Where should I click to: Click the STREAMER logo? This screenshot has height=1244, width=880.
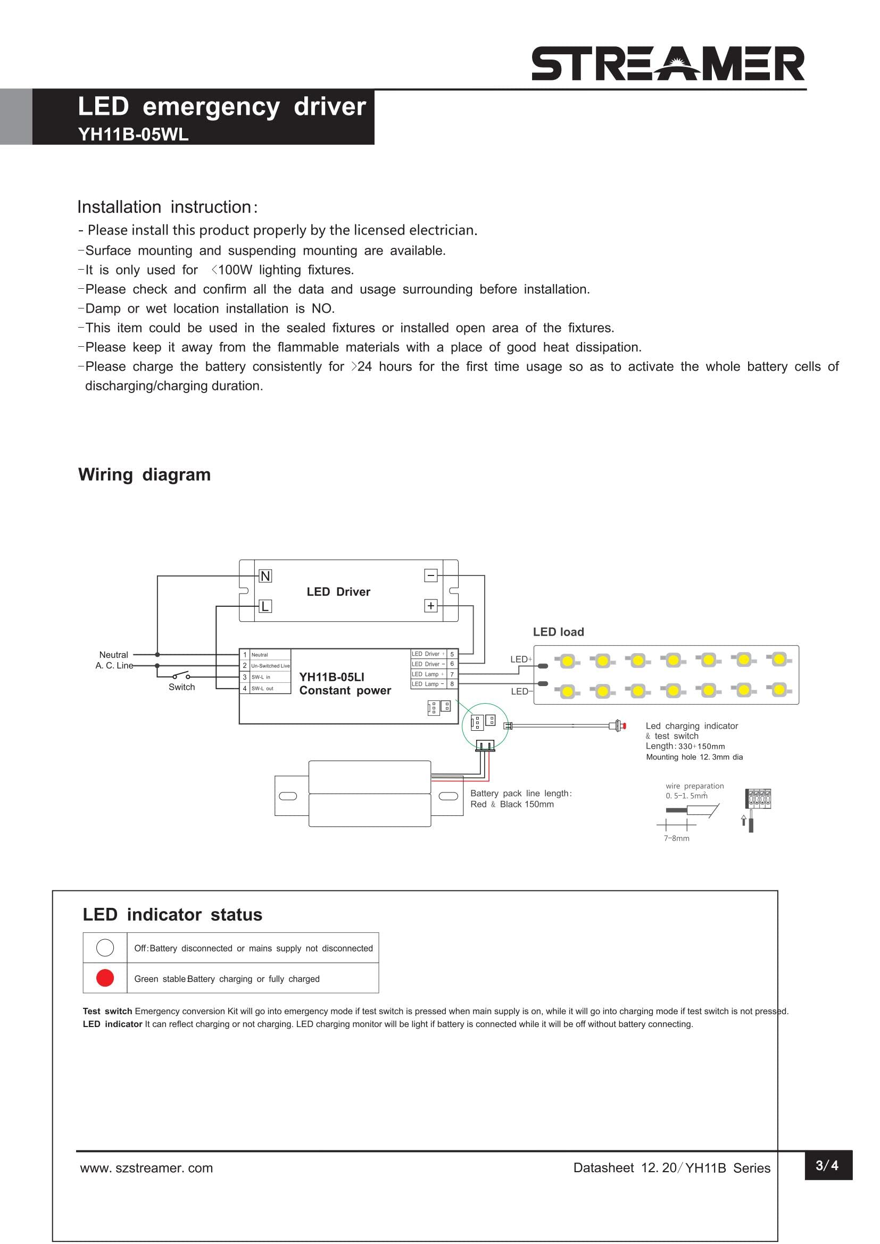tap(668, 64)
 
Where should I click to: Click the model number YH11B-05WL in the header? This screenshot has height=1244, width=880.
tap(134, 135)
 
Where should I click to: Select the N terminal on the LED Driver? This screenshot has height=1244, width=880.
tap(265, 576)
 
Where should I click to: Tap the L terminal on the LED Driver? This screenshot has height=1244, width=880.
tap(265, 606)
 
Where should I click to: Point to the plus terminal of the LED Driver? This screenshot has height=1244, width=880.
tap(431, 606)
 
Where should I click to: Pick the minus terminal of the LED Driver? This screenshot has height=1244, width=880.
tap(431, 575)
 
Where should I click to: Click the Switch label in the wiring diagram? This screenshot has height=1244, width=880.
tap(181, 687)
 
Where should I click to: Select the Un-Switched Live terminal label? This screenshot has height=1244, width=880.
tap(270, 666)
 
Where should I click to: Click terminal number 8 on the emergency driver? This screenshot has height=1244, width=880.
tap(452, 684)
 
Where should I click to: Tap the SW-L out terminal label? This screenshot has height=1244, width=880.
tap(262, 689)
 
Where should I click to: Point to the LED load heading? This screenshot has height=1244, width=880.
tap(558, 632)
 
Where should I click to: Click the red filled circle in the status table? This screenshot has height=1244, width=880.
tap(105, 978)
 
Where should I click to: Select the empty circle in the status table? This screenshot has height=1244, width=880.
tap(105, 948)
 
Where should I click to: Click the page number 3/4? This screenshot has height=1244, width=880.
tap(827, 1165)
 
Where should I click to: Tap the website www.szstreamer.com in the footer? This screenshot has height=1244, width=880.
tap(146, 1168)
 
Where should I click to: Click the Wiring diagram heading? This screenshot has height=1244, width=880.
tap(144, 474)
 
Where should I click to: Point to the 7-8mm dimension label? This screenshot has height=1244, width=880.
tap(676, 838)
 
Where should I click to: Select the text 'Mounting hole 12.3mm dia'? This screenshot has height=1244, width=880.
tap(694, 757)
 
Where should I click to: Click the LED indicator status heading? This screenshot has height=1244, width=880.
tap(172, 915)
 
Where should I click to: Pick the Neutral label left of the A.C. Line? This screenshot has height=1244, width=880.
tap(114, 655)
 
